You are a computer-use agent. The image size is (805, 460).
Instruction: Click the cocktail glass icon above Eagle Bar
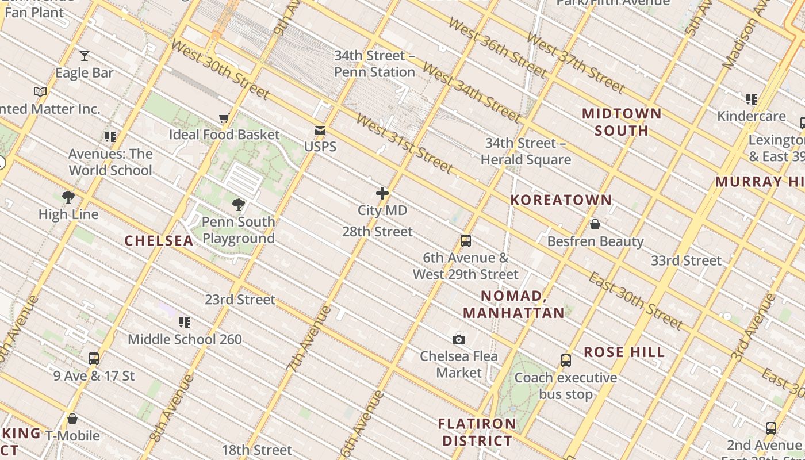pyautogui.click(x=85, y=56)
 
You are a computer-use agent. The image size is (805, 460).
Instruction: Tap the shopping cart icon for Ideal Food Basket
pyautogui.click(x=224, y=118)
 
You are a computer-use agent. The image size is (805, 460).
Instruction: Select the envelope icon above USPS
pyautogui.click(x=320, y=131)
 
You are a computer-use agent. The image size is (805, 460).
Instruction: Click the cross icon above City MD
pyautogui.click(x=382, y=193)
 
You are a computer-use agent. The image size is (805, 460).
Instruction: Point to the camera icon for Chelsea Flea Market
pyautogui.click(x=458, y=339)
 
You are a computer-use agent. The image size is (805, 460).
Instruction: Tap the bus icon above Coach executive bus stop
pyautogui.click(x=566, y=361)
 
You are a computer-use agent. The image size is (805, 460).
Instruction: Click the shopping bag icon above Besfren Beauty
pyautogui.click(x=595, y=224)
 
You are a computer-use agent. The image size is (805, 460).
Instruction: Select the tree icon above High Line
pyautogui.click(x=68, y=198)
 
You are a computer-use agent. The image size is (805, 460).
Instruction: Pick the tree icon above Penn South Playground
pyautogui.click(x=239, y=205)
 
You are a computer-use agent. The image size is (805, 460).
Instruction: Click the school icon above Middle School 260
pyautogui.click(x=185, y=322)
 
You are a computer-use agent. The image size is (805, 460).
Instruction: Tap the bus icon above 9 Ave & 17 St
pyautogui.click(x=94, y=359)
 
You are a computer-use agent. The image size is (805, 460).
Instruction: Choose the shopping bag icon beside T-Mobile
pyautogui.click(x=72, y=419)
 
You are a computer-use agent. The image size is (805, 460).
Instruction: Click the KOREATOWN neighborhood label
pyautogui.click(x=561, y=200)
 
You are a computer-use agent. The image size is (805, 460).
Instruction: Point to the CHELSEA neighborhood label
pyautogui.click(x=159, y=241)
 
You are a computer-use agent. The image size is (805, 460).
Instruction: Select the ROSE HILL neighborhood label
pyautogui.click(x=624, y=352)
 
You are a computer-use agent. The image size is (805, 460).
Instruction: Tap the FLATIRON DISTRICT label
pyautogui.click(x=477, y=432)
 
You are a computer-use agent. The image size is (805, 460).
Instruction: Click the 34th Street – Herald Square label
pyautogui.click(x=526, y=151)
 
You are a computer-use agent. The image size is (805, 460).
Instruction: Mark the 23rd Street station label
pyautogui.click(x=240, y=300)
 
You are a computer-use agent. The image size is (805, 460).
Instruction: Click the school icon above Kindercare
pyautogui.click(x=751, y=99)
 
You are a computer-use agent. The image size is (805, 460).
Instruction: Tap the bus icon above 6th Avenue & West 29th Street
pyautogui.click(x=466, y=241)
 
